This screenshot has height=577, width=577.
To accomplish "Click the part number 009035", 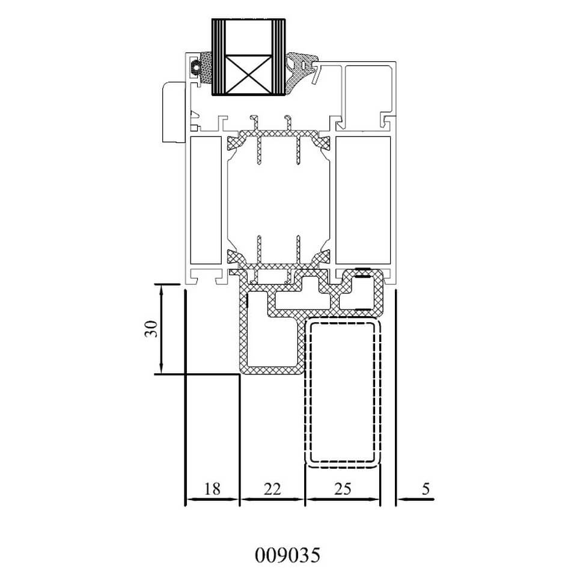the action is [287, 555].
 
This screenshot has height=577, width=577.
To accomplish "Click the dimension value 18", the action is [212, 489].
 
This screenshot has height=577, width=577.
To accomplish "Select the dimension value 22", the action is [272, 489].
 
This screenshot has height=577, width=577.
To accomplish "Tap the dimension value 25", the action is [343, 489].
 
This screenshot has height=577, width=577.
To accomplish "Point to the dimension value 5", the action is [426, 489].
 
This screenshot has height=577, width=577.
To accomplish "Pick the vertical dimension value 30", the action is [151, 329].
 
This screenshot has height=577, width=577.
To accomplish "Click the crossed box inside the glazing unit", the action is [248, 75].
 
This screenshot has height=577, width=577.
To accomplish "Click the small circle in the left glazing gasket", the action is [195, 67].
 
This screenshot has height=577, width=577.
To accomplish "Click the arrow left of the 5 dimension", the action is [416, 499].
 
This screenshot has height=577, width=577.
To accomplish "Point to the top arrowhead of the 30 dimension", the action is [161, 289].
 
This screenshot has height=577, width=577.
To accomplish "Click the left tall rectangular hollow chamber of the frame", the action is [206, 200].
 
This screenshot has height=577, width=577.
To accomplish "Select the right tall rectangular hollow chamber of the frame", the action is [363, 200].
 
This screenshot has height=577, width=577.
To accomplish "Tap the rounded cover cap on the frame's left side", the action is [173, 112].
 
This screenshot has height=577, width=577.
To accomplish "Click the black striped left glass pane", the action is [218, 57].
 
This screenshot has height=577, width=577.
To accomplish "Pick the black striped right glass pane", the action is [278, 57].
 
